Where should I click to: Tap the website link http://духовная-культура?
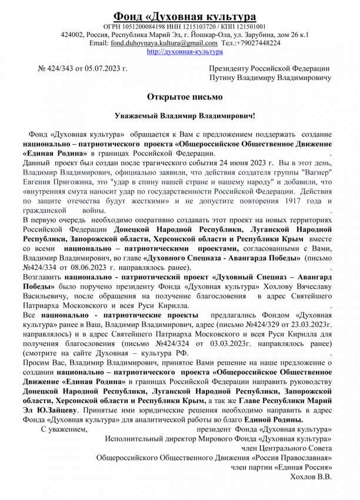point(179,52)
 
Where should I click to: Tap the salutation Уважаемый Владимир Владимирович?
point(179,114)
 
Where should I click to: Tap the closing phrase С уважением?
point(62,429)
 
